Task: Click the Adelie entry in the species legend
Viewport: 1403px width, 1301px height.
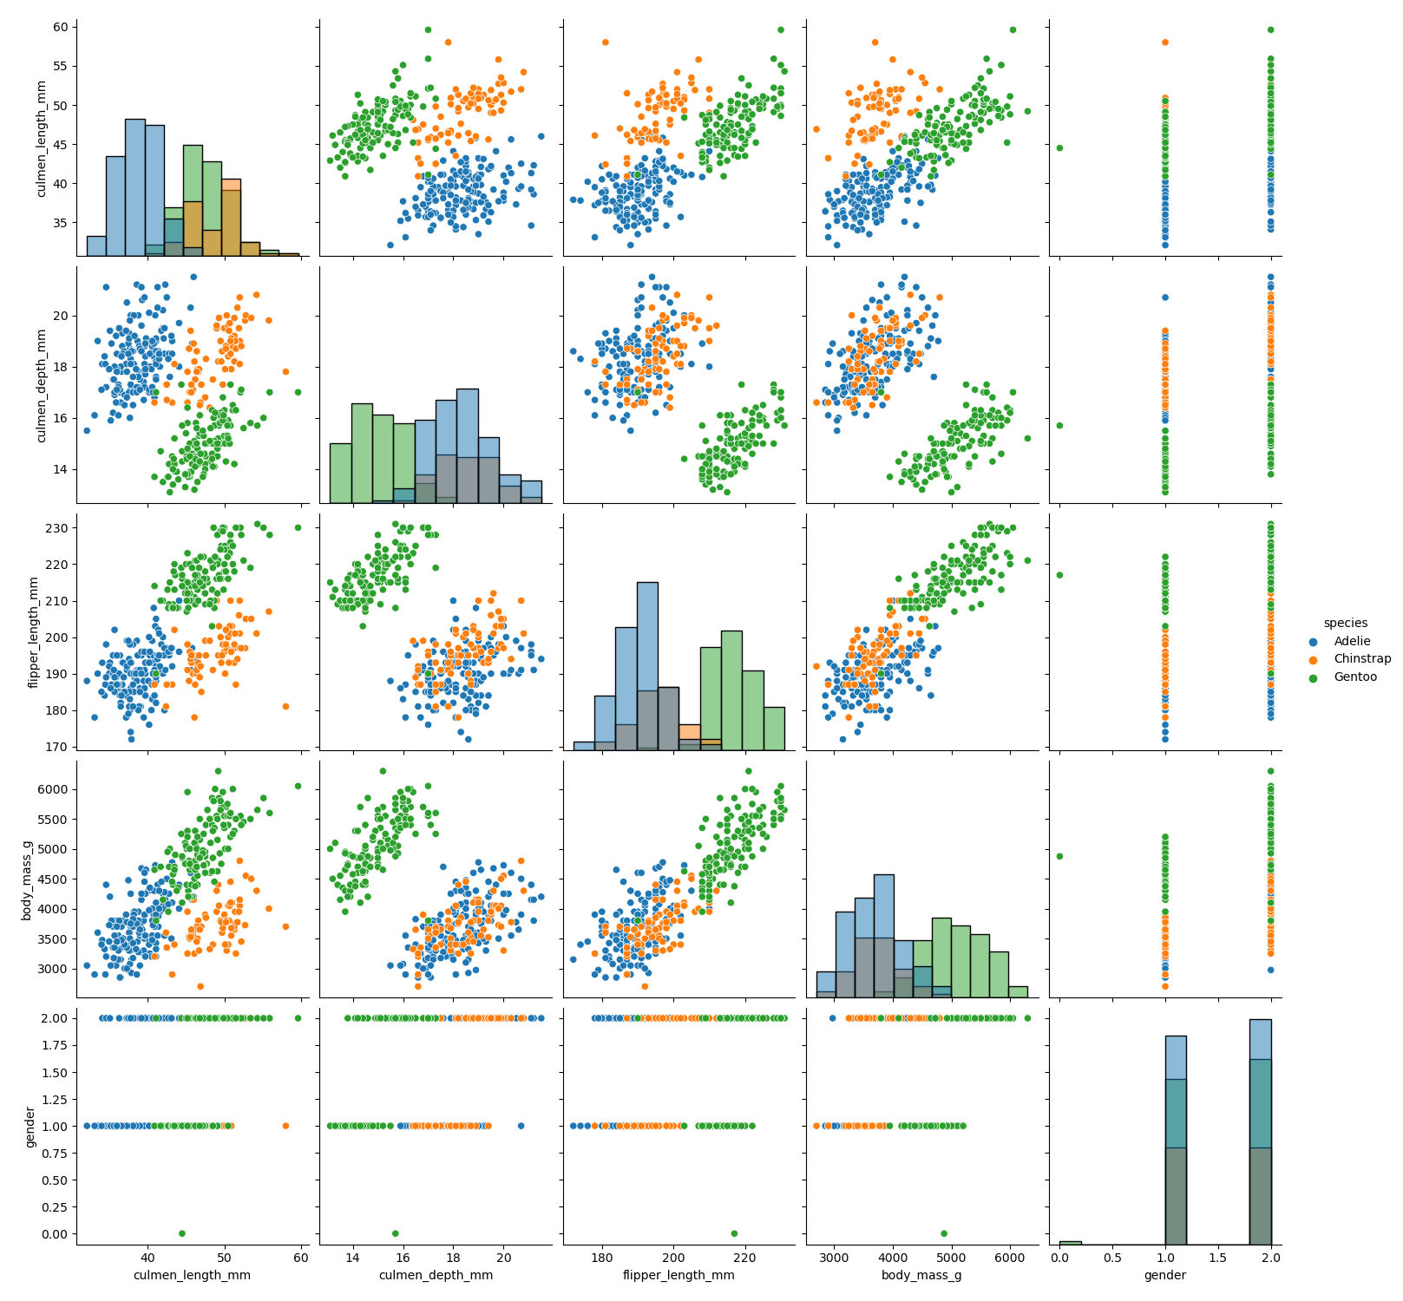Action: pyautogui.click(x=1351, y=641)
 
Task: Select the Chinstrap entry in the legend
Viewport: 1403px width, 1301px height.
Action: pyautogui.click(x=1360, y=659)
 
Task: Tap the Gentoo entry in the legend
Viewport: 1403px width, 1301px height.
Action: pyautogui.click(x=1354, y=677)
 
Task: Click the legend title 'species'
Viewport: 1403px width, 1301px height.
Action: pyautogui.click(x=1345, y=623)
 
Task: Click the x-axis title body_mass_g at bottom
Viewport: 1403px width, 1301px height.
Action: pyautogui.click(x=921, y=1275)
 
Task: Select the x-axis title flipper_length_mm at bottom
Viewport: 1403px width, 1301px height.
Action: pyautogui.click(x=679, y=1275)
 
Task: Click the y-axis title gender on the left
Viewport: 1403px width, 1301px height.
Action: pyautogui.click(x=31, y=1126)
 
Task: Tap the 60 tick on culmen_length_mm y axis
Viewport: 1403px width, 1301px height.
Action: pyautogui.click(x=58, y=27)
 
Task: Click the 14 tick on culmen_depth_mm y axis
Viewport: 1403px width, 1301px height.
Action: pyautogui.click(x=58, y=469)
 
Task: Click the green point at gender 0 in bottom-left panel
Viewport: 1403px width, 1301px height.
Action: pyautogui.click(x=181, y=1233)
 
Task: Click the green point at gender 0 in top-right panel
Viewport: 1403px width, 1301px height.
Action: pyautogui.click(x=1059, y=147)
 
